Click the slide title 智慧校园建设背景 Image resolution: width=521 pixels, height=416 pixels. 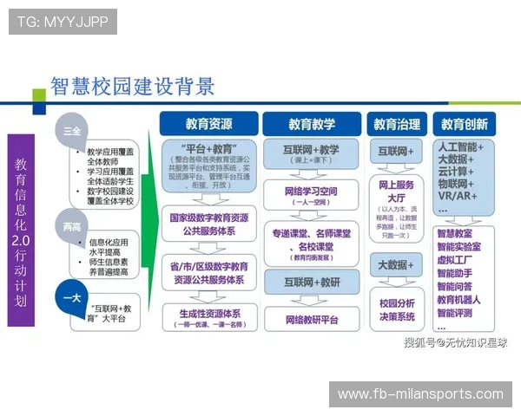coord(132,87)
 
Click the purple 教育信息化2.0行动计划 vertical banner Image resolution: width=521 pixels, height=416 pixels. coord(21,229)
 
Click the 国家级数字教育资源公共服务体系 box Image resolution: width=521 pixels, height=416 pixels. coord(208,225)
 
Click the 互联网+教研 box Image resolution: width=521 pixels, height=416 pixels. coord(311,282)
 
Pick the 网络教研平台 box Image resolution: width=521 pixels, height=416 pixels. coord(311,319)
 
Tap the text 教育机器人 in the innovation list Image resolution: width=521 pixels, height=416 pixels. coord(460,299)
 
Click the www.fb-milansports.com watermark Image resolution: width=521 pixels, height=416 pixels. coord(420,394)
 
